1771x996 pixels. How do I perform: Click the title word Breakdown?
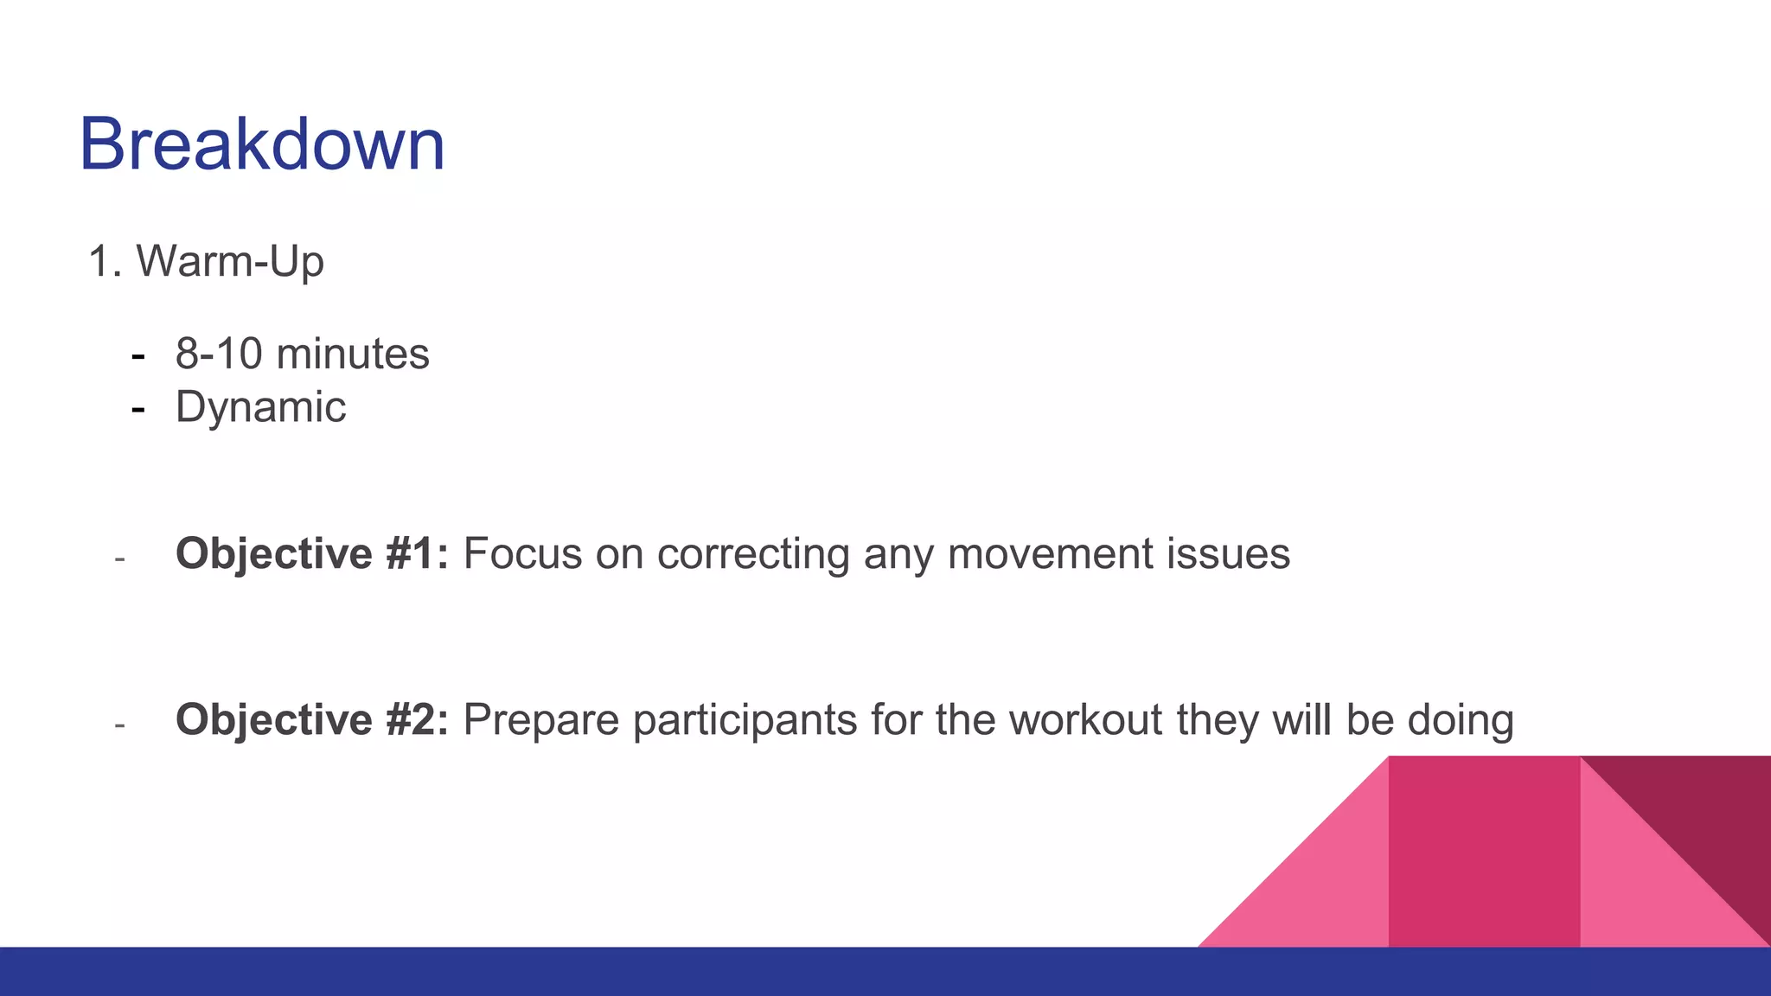coord(262,144)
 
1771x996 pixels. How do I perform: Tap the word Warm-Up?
coord(230,261)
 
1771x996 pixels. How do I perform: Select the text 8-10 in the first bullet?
coord(218,354)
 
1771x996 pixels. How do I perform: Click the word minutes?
coord(352,354)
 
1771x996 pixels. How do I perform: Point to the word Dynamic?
coord(260,407)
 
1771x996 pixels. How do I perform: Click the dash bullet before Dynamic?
coord(137,408)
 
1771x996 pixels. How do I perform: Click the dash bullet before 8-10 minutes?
coord(137,355)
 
